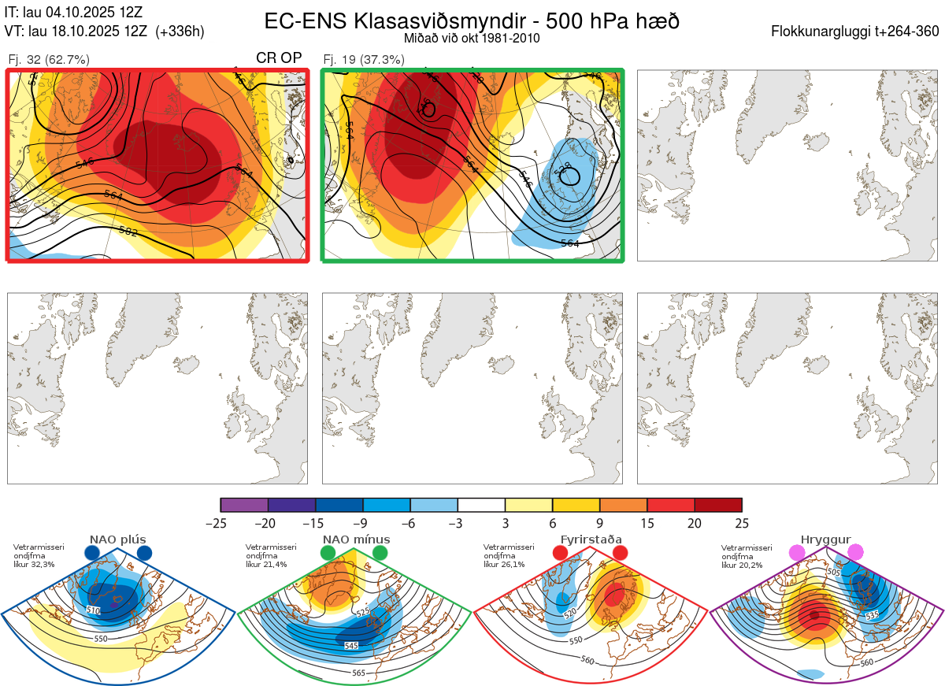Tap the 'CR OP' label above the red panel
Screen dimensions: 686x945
click(x=280, y=58)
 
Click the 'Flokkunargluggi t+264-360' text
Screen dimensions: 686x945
click(x=857, y=32)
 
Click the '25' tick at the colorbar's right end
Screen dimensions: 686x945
click(x=741, y=523)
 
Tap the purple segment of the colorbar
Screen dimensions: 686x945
click(x=244, y=505)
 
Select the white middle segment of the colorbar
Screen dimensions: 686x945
click(x=481, y=505)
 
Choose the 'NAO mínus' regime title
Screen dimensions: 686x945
click(x=356, y=540)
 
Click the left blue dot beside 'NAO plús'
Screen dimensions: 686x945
click(x=92, y=554)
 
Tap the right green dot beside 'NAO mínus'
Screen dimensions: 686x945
click(x=381, y=554)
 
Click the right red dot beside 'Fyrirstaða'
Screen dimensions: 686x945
click(x=620, y=554)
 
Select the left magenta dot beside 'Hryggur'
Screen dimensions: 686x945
click(x=797, y=554)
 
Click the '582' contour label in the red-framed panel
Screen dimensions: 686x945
click(x=128, y=232)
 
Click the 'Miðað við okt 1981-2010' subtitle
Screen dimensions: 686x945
click(x=472, y=38)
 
